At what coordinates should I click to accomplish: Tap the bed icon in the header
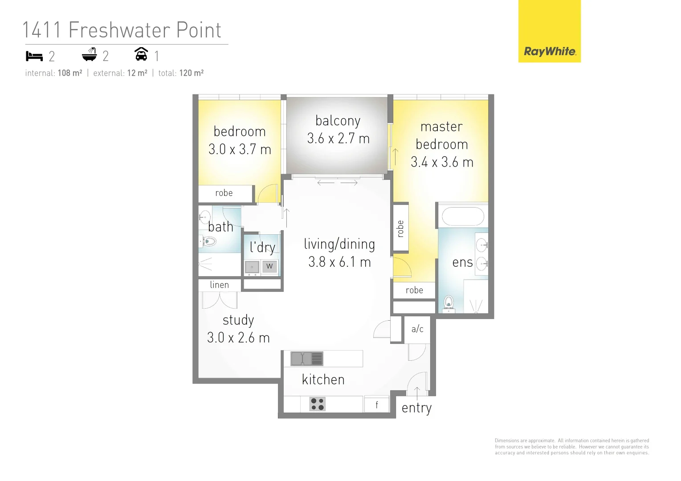pos(34,56)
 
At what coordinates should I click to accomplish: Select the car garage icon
pos(141,54)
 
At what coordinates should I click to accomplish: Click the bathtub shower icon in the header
pos(90,54)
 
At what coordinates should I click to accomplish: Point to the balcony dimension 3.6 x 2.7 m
pos(338,139)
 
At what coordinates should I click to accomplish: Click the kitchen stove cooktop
pos(317,404)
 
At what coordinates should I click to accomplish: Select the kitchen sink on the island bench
pos(306,359)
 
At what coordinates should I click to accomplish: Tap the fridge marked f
pos(377,404)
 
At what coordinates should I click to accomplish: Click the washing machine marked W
pos(269,266)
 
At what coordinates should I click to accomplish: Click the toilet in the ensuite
pos(449,302)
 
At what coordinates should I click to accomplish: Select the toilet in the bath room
pos(208,241)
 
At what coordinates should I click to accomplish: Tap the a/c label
pos(417,329)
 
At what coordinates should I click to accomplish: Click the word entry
pos(416,408)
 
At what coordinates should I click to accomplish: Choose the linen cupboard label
pos(220,285)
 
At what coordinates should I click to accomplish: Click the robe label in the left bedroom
pos(224,193)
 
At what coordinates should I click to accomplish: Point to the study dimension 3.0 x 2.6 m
pos(238,338)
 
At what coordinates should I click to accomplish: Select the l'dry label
pos(262,247)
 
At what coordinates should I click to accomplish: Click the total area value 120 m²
pos(192,73)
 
